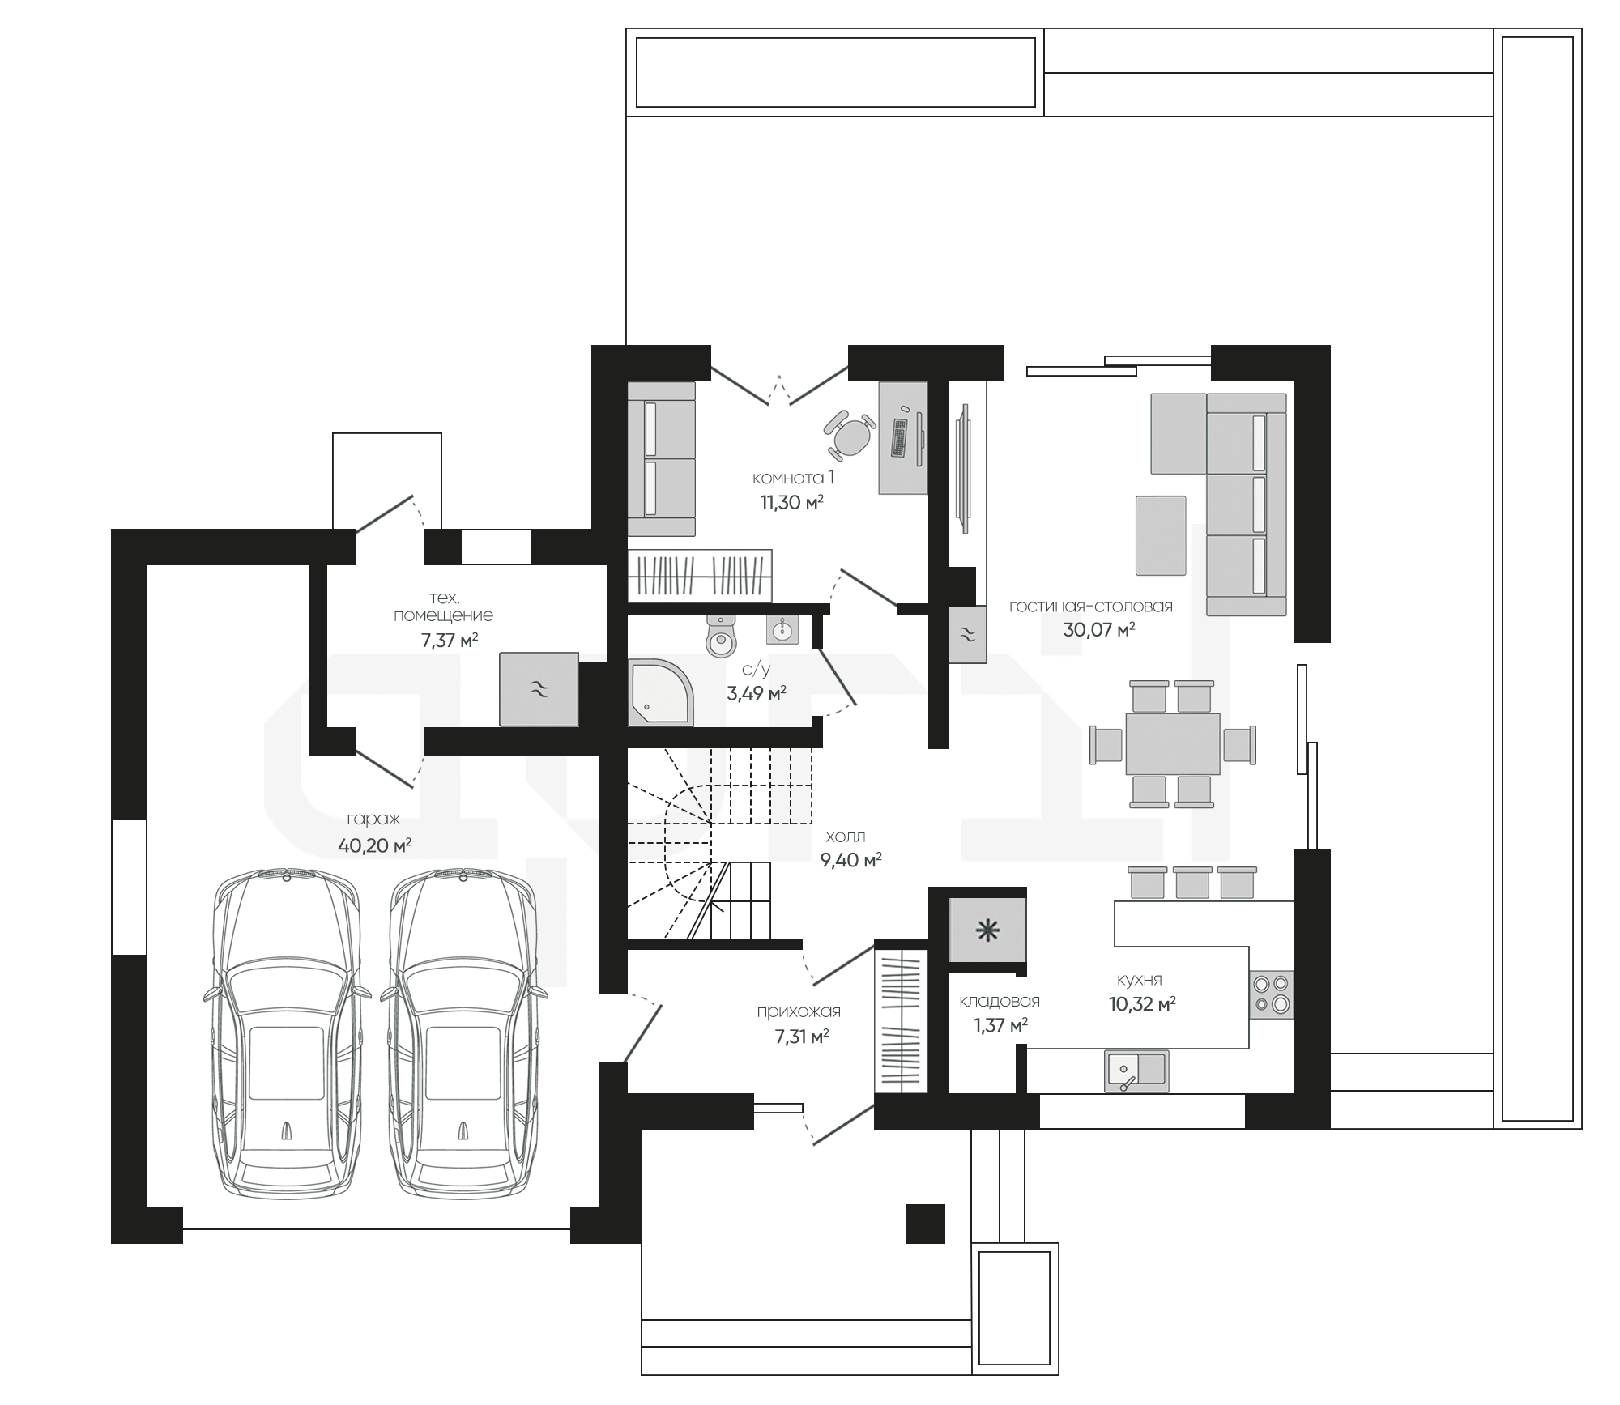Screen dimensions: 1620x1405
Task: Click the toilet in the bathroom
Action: (721, 634)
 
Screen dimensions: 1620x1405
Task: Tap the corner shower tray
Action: (661, 692)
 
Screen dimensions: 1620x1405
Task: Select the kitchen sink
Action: (1136, 1071)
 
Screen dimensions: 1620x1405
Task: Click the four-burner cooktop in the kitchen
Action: (1271, 994)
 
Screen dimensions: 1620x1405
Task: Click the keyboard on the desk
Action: (900, 437)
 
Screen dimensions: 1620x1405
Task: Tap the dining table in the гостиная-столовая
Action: (1173, 743)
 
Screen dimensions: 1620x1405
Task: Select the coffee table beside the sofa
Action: (1161, 535)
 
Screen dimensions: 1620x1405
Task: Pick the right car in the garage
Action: (463, 1037)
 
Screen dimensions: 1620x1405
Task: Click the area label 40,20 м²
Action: (374, 846)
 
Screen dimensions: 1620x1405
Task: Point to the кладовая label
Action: (1000, 1001)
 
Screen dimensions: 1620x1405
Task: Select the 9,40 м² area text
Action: (850, 860)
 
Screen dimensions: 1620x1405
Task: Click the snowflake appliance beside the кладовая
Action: (987, 930)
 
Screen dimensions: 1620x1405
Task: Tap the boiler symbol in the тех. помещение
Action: (539, 689)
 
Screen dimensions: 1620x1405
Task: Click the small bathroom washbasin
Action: (782, 628)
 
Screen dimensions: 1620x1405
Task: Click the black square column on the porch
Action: (925, 1223)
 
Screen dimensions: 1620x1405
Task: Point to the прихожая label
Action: (799, 1011)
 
